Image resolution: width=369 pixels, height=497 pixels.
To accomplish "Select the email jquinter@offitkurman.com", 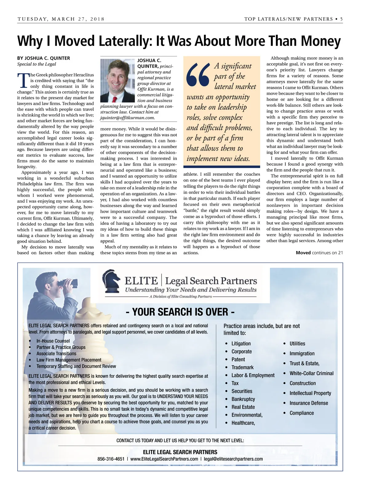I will pos(128,118).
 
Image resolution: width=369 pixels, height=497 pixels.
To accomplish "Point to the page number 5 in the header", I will pos(341,19).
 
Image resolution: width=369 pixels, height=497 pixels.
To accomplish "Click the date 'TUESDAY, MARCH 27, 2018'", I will pos(61,19).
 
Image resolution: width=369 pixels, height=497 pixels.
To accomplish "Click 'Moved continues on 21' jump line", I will pos(319,253).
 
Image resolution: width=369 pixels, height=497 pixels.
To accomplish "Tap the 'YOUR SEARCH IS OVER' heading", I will pos(180,312).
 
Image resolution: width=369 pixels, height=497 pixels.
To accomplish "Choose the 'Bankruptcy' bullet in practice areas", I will pos(243,399).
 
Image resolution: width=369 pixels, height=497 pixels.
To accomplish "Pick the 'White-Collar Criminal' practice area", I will pos(311,373).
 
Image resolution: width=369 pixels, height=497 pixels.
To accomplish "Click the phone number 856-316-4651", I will pos(111,459).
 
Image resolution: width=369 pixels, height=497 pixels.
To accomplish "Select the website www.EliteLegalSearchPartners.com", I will pos(164,459).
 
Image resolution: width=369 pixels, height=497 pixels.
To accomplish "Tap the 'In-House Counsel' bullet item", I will pos(53,341).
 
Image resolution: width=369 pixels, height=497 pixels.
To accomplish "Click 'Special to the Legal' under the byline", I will pos(37,64).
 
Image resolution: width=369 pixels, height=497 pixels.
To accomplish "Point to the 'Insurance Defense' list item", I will pos(308,403).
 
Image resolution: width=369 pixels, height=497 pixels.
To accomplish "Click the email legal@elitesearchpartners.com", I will pos(233,459).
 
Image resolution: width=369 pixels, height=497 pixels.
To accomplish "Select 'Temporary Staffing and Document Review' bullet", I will pos(76,366).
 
